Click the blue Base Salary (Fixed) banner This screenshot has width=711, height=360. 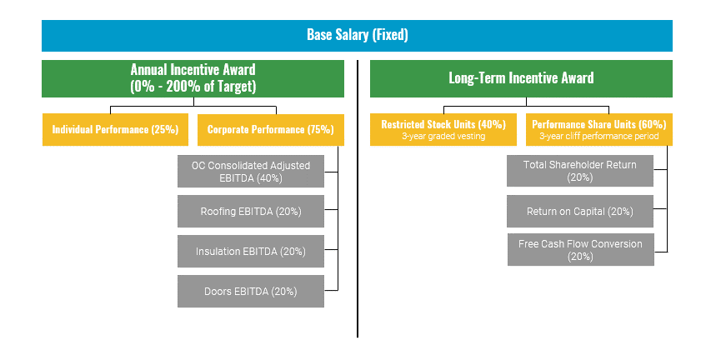click(x=357, y=36)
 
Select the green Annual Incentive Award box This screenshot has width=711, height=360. click(x=193, y=78)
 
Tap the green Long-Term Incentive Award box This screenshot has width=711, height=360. click(x=521, y=78)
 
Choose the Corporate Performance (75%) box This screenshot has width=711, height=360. click(x=270, y=130)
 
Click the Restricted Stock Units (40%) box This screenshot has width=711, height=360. click(x=443, y=129)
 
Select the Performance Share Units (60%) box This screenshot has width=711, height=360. click(x=598, y=129)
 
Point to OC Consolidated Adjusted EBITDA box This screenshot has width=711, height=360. click(x=250, y=171)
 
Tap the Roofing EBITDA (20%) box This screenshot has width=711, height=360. click(x=250, y=212)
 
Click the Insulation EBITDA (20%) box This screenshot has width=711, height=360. click(x=250, y=251)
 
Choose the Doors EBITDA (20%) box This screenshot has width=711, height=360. click(x=250, y=292)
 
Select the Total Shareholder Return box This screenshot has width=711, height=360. click(x=579, y=171)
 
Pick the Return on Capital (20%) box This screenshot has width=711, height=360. click(x=579, y=212)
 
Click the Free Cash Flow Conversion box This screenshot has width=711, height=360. click(x=579, y=250)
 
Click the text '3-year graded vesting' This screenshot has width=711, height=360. click(x=443, y=136)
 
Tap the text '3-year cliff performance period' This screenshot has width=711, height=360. click(x=598, y=136)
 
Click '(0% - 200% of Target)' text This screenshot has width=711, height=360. click(x=193, y=86)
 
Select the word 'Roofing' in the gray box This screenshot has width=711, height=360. click(x=219, y=212)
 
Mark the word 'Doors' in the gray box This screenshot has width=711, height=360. click(x=218, y=292)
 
